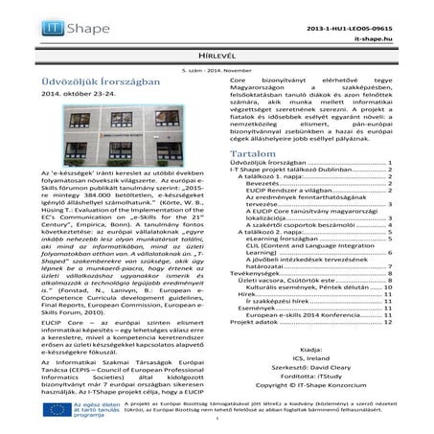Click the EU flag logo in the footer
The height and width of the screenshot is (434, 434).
pos(56,410)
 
